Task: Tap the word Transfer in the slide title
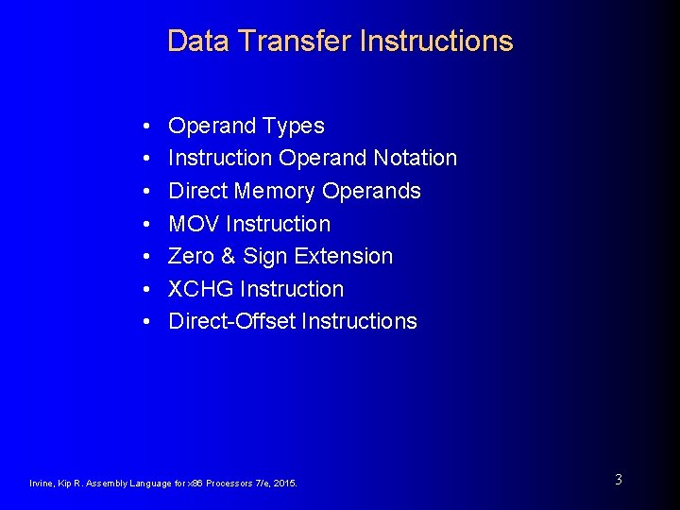click(293, 41)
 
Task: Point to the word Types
click(294, 126)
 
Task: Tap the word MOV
click(195, 224)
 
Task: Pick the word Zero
click(191, 256)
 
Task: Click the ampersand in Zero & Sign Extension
click(228, 256)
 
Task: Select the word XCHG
click(201, 289)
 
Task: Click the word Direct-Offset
click(231, 321)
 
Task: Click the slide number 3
click(619, 480)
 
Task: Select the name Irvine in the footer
click(42, 484)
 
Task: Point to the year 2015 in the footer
click(283, 484)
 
